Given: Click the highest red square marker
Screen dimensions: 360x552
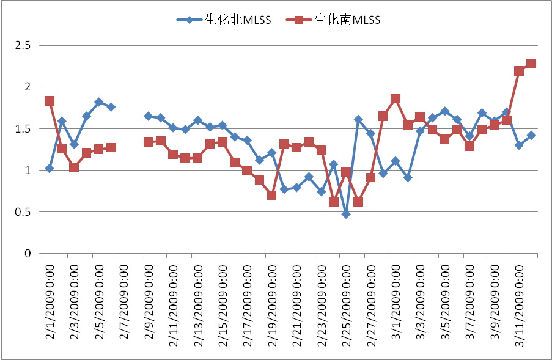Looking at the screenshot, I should pos(531,64).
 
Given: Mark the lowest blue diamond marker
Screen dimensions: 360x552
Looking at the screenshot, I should pos(346,215).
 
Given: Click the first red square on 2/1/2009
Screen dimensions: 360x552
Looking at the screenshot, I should pos(50,101).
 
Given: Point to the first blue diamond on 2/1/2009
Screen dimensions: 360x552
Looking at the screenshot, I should pos(50,168).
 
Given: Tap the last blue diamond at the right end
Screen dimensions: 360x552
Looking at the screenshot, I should pos(531,135).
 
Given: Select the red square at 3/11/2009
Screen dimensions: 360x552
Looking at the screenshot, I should pos(519,71).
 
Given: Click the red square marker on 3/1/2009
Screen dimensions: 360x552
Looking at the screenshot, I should pos(396,98).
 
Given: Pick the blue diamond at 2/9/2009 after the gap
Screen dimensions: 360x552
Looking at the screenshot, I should pos(148,116).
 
